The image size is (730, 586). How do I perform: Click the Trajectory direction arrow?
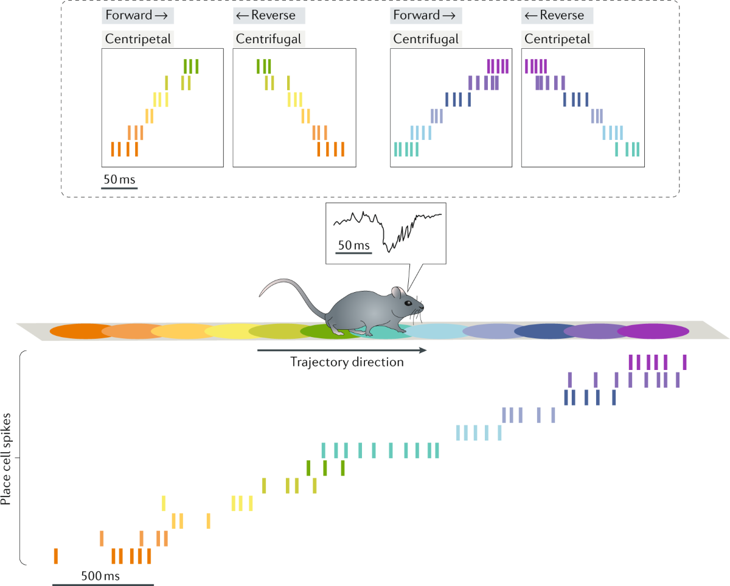coord(341,351)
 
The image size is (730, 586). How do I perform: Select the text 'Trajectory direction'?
coord(347,363)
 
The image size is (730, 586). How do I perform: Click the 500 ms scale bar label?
coord(100,575)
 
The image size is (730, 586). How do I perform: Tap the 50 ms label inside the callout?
coord(353,246)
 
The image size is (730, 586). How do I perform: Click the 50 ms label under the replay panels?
coord(120,180)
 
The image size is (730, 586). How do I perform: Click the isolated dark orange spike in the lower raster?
coord(56,556)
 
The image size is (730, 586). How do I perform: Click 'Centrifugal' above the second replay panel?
coord(268,40)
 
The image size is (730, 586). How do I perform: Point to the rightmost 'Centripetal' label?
coord(557,40)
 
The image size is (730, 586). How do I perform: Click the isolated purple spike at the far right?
coord(685,362)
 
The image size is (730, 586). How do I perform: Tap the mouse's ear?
coord(396,293)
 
